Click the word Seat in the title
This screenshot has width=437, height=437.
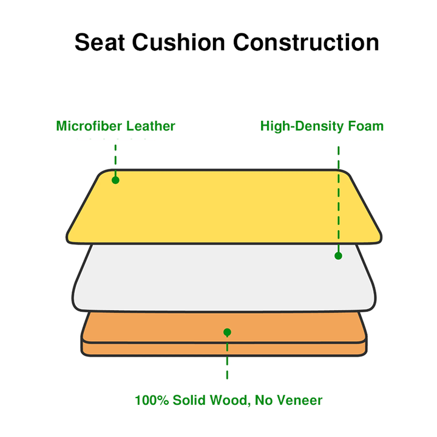[100, 42]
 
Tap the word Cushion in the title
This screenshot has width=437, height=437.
[178, 42]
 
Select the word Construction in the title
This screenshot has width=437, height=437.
[306, 42]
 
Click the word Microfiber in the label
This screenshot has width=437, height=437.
[89, 126]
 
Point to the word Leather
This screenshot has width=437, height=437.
[151, 126]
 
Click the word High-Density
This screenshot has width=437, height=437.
[302, 126]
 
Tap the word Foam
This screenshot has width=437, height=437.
[365, 126]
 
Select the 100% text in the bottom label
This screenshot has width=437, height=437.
[152, 400]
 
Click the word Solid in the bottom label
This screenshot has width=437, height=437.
[189, 400]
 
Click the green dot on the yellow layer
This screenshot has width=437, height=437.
[115, 180]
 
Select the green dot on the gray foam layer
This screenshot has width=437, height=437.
[338, 256]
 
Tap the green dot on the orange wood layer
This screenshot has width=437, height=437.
[227, 332]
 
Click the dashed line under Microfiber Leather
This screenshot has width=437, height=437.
[115, 160]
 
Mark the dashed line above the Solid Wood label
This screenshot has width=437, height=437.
[227, 357]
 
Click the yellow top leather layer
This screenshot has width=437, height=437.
[224, 206]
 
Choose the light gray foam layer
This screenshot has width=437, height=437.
[224, 278]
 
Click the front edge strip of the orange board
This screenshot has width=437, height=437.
[224, 349]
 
